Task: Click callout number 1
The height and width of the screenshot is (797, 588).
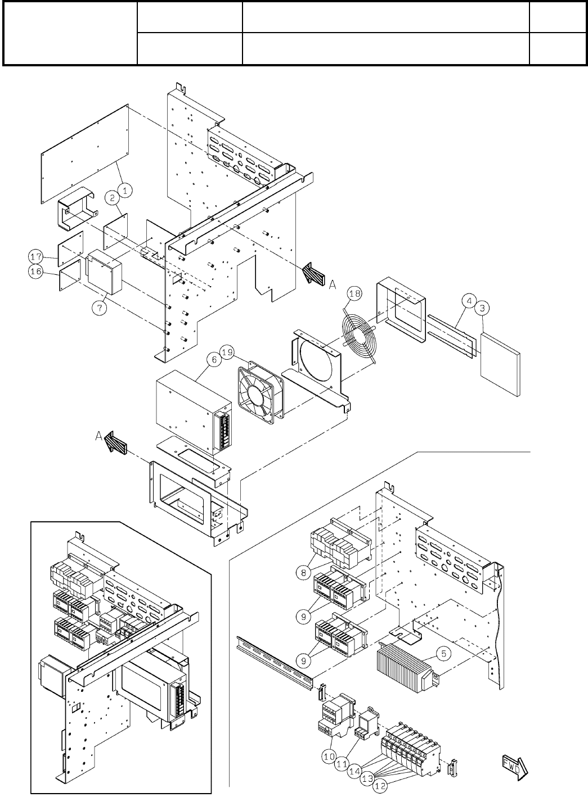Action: [x=125, y=191]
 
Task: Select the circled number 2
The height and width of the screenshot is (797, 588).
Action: [x=113, y=197]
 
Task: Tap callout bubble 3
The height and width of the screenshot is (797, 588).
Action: [x=483, y=308]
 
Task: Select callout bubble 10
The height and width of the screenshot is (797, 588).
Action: [x=329, y=757]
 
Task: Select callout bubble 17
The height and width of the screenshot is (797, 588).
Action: [x=36, y=257]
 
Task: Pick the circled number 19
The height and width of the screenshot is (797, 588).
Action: [x=227, y=353]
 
